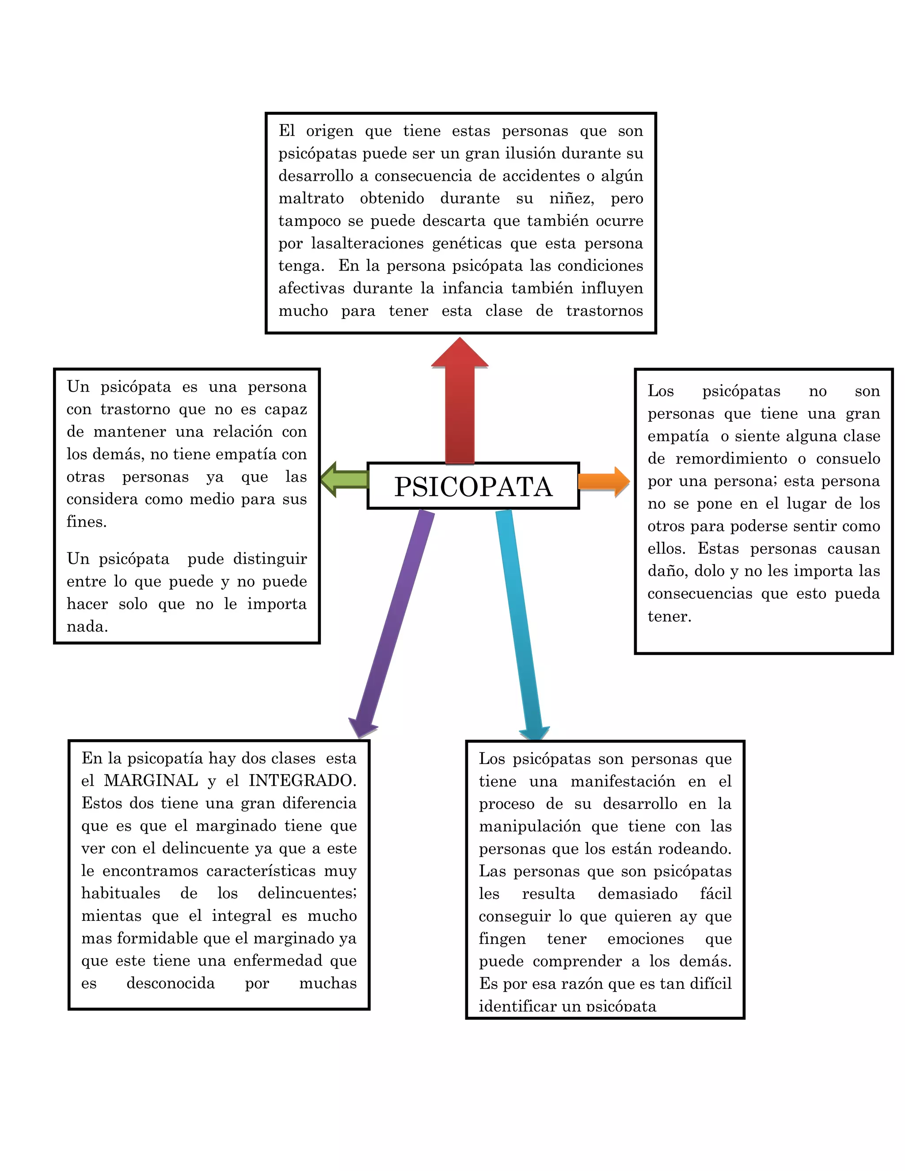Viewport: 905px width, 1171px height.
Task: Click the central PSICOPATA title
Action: [473, 487]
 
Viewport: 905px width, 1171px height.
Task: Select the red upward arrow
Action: [460, 407]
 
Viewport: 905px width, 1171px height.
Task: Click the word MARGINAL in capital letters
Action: [151, 781]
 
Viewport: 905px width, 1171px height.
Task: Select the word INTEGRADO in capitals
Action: [302, 781]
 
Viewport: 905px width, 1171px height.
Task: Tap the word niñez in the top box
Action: [571, 199]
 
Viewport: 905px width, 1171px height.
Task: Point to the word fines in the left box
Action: [86, 522]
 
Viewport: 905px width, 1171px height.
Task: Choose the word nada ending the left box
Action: [87, 627]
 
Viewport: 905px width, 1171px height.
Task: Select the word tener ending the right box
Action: [669, 616]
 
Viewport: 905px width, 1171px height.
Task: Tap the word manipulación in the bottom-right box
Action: [530, 826]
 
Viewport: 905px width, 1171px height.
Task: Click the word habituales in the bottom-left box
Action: [121, 893]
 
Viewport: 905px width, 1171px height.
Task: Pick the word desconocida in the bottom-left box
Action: [171, 983]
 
